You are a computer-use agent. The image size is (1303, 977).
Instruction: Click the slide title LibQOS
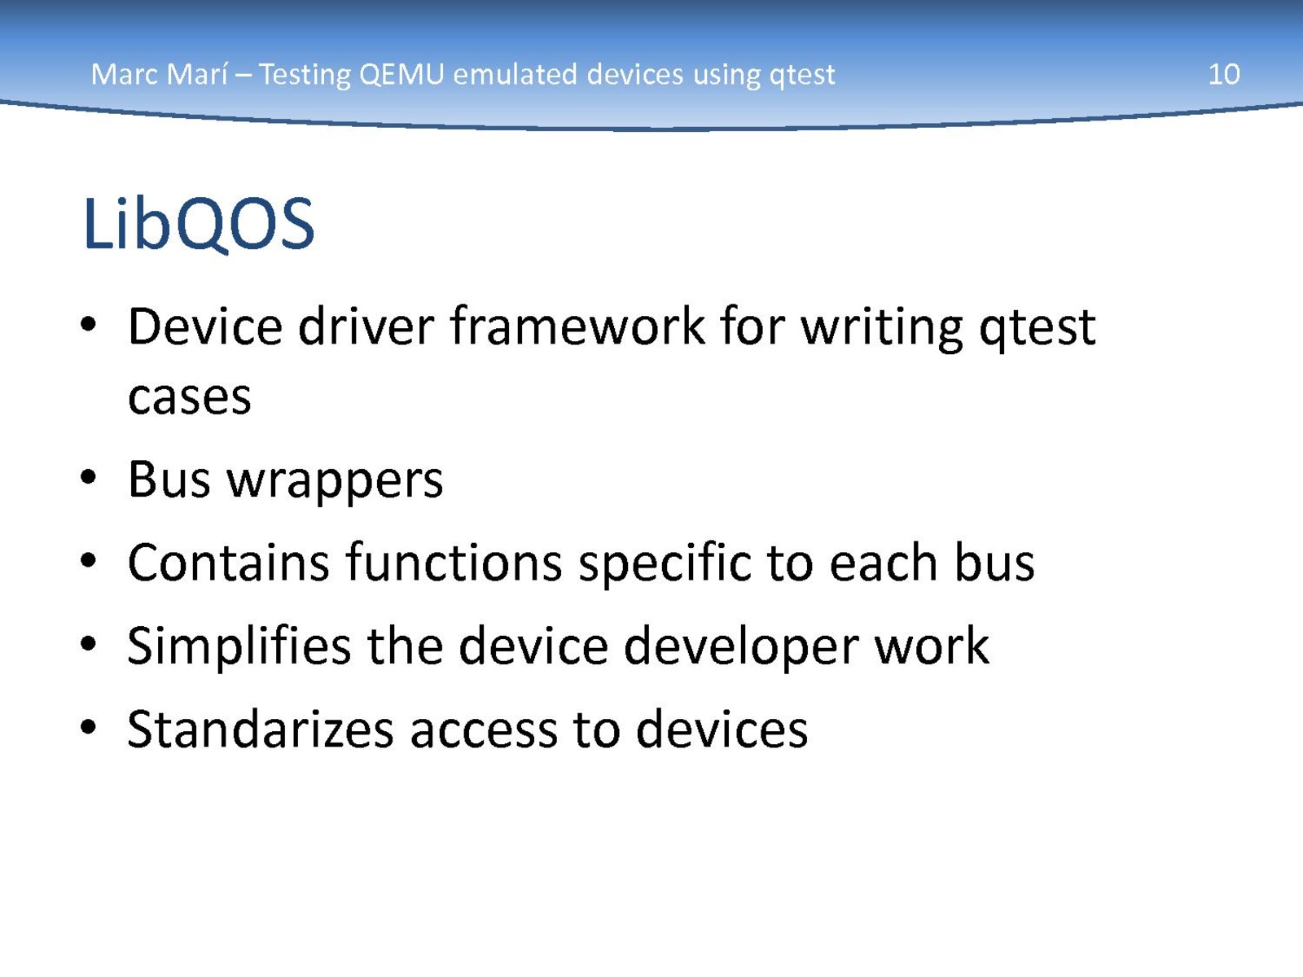(198, 224)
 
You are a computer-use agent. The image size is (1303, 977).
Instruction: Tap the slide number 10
(1223, 75)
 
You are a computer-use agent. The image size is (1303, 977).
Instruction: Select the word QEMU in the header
(401, 75)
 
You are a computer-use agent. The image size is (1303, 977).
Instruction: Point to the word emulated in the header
(515, 75)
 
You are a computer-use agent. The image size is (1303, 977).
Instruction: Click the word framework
(577, 326)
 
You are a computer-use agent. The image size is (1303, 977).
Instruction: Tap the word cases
(190, 397)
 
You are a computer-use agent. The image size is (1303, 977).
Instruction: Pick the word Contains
(228, 563)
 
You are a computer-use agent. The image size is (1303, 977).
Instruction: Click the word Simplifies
(239, 646)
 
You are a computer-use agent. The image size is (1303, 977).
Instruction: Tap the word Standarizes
(260, 729)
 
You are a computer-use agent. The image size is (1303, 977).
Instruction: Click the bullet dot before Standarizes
(88, 727)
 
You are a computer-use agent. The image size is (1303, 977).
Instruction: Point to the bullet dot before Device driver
(88, 325)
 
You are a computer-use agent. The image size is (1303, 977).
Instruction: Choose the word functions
(454, 563)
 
